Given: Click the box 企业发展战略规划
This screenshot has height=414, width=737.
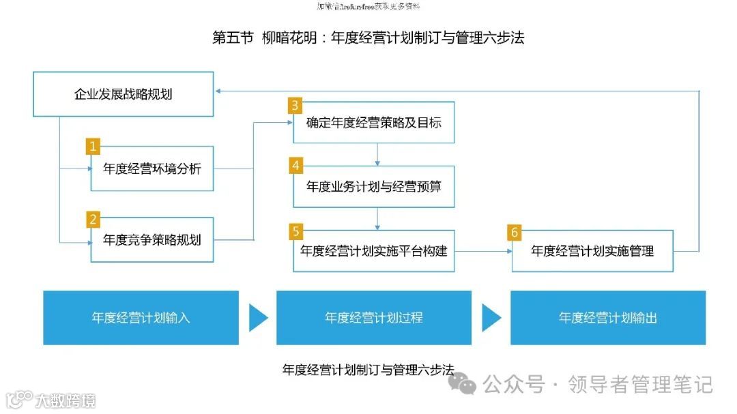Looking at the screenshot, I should (x=123, y=94).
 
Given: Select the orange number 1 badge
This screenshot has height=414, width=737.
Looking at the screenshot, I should (x=93, y=146).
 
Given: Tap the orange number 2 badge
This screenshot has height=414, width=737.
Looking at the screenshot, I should (x=93, y=219).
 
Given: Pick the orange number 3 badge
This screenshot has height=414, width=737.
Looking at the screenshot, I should (x=295, y=105).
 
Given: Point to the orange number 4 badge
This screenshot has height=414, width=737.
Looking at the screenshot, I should (x=295, y=166).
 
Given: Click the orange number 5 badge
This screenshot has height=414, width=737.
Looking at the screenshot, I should (x=295, y=231).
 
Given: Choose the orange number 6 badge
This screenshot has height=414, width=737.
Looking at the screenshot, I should (x=515, y=232).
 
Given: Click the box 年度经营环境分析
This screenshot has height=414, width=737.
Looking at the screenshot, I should (x=152, y=168).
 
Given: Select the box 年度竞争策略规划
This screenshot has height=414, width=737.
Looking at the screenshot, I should (x=152, y=239).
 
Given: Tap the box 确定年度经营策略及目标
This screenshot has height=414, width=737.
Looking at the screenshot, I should (x=374, y=123).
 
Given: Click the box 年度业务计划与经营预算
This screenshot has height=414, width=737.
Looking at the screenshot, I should (x=374, y=186).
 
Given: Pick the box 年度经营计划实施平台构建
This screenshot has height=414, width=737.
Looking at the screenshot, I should (x=374, y=251).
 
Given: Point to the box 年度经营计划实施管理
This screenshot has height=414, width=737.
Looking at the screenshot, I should (x=592, y=251).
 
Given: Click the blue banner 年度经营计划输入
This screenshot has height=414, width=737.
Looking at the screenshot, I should (x=141, y=318).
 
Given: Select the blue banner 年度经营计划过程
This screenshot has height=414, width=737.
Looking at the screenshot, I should (x=374, y=318).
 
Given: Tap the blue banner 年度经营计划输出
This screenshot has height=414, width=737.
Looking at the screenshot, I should (x=608, y=318).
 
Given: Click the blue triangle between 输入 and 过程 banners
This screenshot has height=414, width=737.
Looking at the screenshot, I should (x=257, y=318).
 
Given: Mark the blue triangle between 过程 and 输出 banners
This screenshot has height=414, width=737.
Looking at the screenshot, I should (x=491, y=318).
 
